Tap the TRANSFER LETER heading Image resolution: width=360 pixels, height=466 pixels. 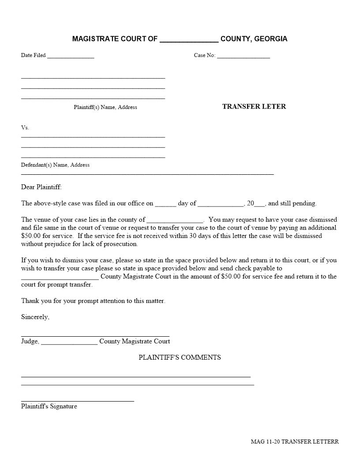(x=254, y=106)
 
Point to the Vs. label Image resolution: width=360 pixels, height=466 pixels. (x=25, y=128)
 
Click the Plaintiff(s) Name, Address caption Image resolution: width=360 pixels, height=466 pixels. (x=105, y=107)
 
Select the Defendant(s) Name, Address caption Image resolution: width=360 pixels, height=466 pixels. (x=55, y=165)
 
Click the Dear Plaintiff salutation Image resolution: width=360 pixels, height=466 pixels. (x=41, y=187)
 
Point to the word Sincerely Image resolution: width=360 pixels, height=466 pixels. (x=35, y=317)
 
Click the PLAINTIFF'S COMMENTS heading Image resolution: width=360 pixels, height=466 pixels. (x=180, y=357)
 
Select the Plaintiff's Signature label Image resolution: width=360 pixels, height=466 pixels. (x=49, y=406)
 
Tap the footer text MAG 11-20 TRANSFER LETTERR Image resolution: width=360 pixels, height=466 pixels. (x=295, y=441)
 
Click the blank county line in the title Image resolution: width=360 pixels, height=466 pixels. (x=189, y=40)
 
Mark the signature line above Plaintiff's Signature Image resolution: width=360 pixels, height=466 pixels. (x=78, y=401)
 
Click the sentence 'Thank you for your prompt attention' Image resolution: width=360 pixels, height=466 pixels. (x=93, y=301)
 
